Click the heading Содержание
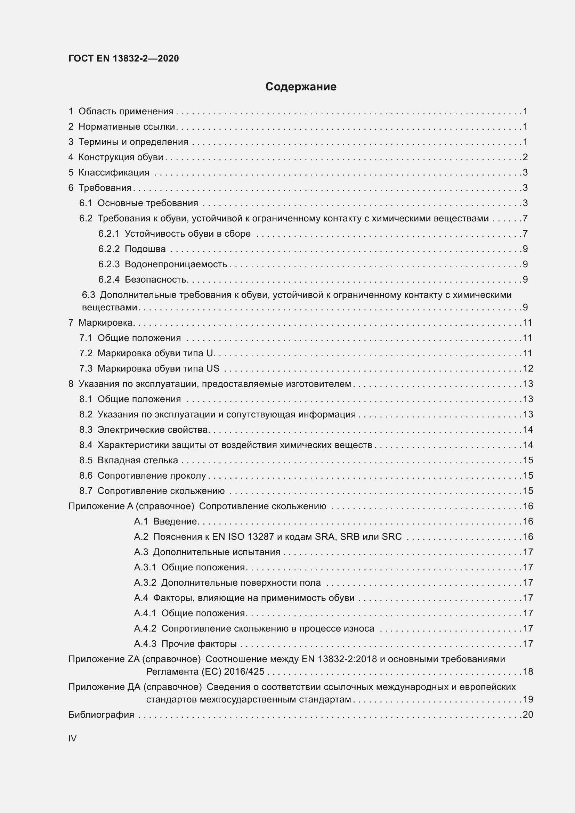click(x=301, y=87)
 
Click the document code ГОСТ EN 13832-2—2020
click(x=123, y=58)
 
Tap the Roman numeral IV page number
click(x=72, y=738)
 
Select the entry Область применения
click(x=126, y=111)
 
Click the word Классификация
click(x=114, y=172)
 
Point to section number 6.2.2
click(x=109, y=249)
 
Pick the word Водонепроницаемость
click(x=176, y=264)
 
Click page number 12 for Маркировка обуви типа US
click(x=528, y=368)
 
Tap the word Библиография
click(x=101, y=715)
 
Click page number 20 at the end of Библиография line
click(x=528, y=715)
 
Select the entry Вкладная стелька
click(x=138, y=460)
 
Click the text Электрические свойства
click(x=153, y=430)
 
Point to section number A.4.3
click(x=145, y=644)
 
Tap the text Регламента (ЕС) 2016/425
click(x=205, y=672)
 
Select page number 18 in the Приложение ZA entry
click(x=528, y=672)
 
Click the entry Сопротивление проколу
click(x=152, y=475)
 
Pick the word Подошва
click(x=145, y=249)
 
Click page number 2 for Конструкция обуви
click(x=525, y=157)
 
